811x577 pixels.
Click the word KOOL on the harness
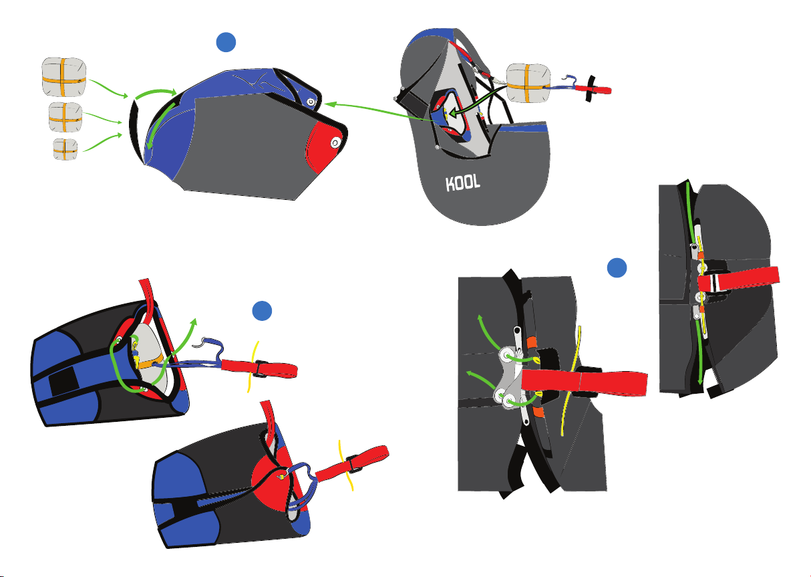click(x=463, y=183)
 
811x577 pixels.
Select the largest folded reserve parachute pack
click(x=64, y=77)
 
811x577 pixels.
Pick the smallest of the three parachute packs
click(x=65, y=149)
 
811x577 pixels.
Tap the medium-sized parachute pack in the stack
click(x=65, y=117)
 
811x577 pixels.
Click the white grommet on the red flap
click(x=335, y=142)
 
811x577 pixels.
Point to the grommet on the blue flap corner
click(x=311, y=102)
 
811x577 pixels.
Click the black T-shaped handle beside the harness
click(x=591, y=89)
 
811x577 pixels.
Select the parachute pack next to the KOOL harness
click(x=528, y=83)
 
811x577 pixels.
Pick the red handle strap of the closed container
click(x=352, y=465)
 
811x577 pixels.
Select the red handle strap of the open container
click(x=259, y=368)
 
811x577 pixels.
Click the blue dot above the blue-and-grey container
click(x=226, y=42)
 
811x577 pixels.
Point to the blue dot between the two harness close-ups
click(x=617, y=268)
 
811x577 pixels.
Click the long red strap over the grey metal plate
click(x=584, y=382)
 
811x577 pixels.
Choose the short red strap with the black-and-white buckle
click(x=739, y=279)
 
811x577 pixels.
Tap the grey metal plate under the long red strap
click(x=510, y=378)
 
